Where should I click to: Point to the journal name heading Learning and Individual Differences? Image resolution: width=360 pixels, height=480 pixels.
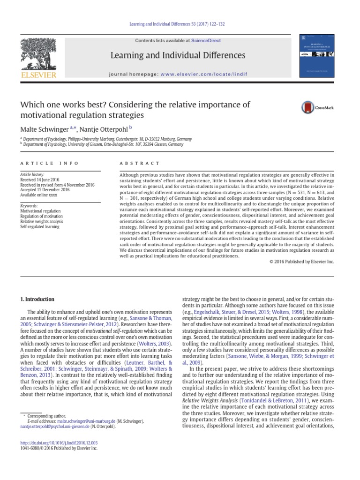tap(177, 56)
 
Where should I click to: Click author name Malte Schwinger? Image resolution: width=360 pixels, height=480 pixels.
tap(44, 128)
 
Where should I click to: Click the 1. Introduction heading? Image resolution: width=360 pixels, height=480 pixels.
tap(37, 299)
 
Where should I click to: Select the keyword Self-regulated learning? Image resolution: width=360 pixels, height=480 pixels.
tap(40, 227)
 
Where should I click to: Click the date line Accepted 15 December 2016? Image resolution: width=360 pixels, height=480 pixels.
tap(45, 190)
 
